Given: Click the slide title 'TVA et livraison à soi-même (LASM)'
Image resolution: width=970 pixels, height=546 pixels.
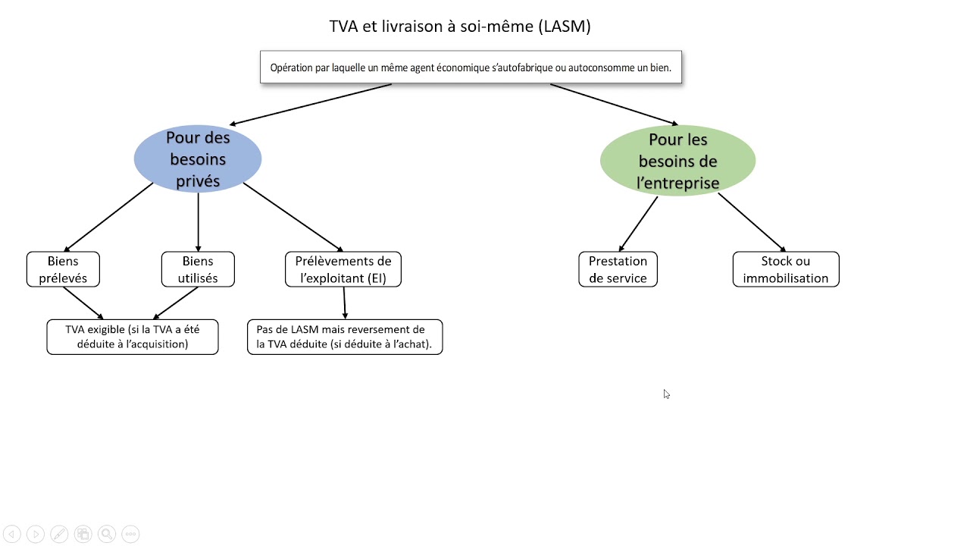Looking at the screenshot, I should [460, 27].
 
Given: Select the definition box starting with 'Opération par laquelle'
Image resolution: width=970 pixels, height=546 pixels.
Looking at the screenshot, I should [471, 67].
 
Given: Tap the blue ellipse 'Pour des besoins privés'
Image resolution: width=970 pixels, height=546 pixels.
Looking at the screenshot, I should [198, 159].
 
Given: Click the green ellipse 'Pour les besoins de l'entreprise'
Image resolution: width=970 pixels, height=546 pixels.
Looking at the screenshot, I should [677, 161].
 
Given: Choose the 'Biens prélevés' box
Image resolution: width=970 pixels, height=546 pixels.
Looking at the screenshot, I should [63, 269].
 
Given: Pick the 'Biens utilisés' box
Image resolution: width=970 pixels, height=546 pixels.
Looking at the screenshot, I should [198, 269].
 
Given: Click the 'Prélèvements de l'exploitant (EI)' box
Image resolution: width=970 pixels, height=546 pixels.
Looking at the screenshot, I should [343, 269].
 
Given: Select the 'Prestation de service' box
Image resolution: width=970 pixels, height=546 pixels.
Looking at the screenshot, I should [618, 269].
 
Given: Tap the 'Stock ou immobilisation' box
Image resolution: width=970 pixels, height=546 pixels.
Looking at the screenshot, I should [786, 269].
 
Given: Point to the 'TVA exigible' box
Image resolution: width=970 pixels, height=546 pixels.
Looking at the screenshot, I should [133, 337].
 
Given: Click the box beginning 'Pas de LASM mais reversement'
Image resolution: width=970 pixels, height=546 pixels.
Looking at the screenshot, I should [345, 337].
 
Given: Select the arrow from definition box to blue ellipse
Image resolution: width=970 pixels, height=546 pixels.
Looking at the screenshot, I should [311, 104].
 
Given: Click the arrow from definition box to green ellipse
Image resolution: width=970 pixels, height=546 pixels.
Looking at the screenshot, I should [614, 104].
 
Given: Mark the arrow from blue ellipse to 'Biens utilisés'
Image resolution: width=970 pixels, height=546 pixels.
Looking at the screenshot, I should [198, 221].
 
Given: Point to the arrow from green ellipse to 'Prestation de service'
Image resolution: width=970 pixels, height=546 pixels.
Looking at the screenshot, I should [638, 224].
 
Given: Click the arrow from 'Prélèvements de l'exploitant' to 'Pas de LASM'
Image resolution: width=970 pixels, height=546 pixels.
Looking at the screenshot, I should [344, 303].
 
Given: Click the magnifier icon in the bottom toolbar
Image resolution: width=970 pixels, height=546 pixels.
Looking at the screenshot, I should [107, 534].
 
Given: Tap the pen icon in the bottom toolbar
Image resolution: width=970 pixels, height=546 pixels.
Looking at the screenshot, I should [59, 534].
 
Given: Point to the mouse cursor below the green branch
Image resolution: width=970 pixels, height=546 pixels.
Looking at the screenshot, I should [666, 394].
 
